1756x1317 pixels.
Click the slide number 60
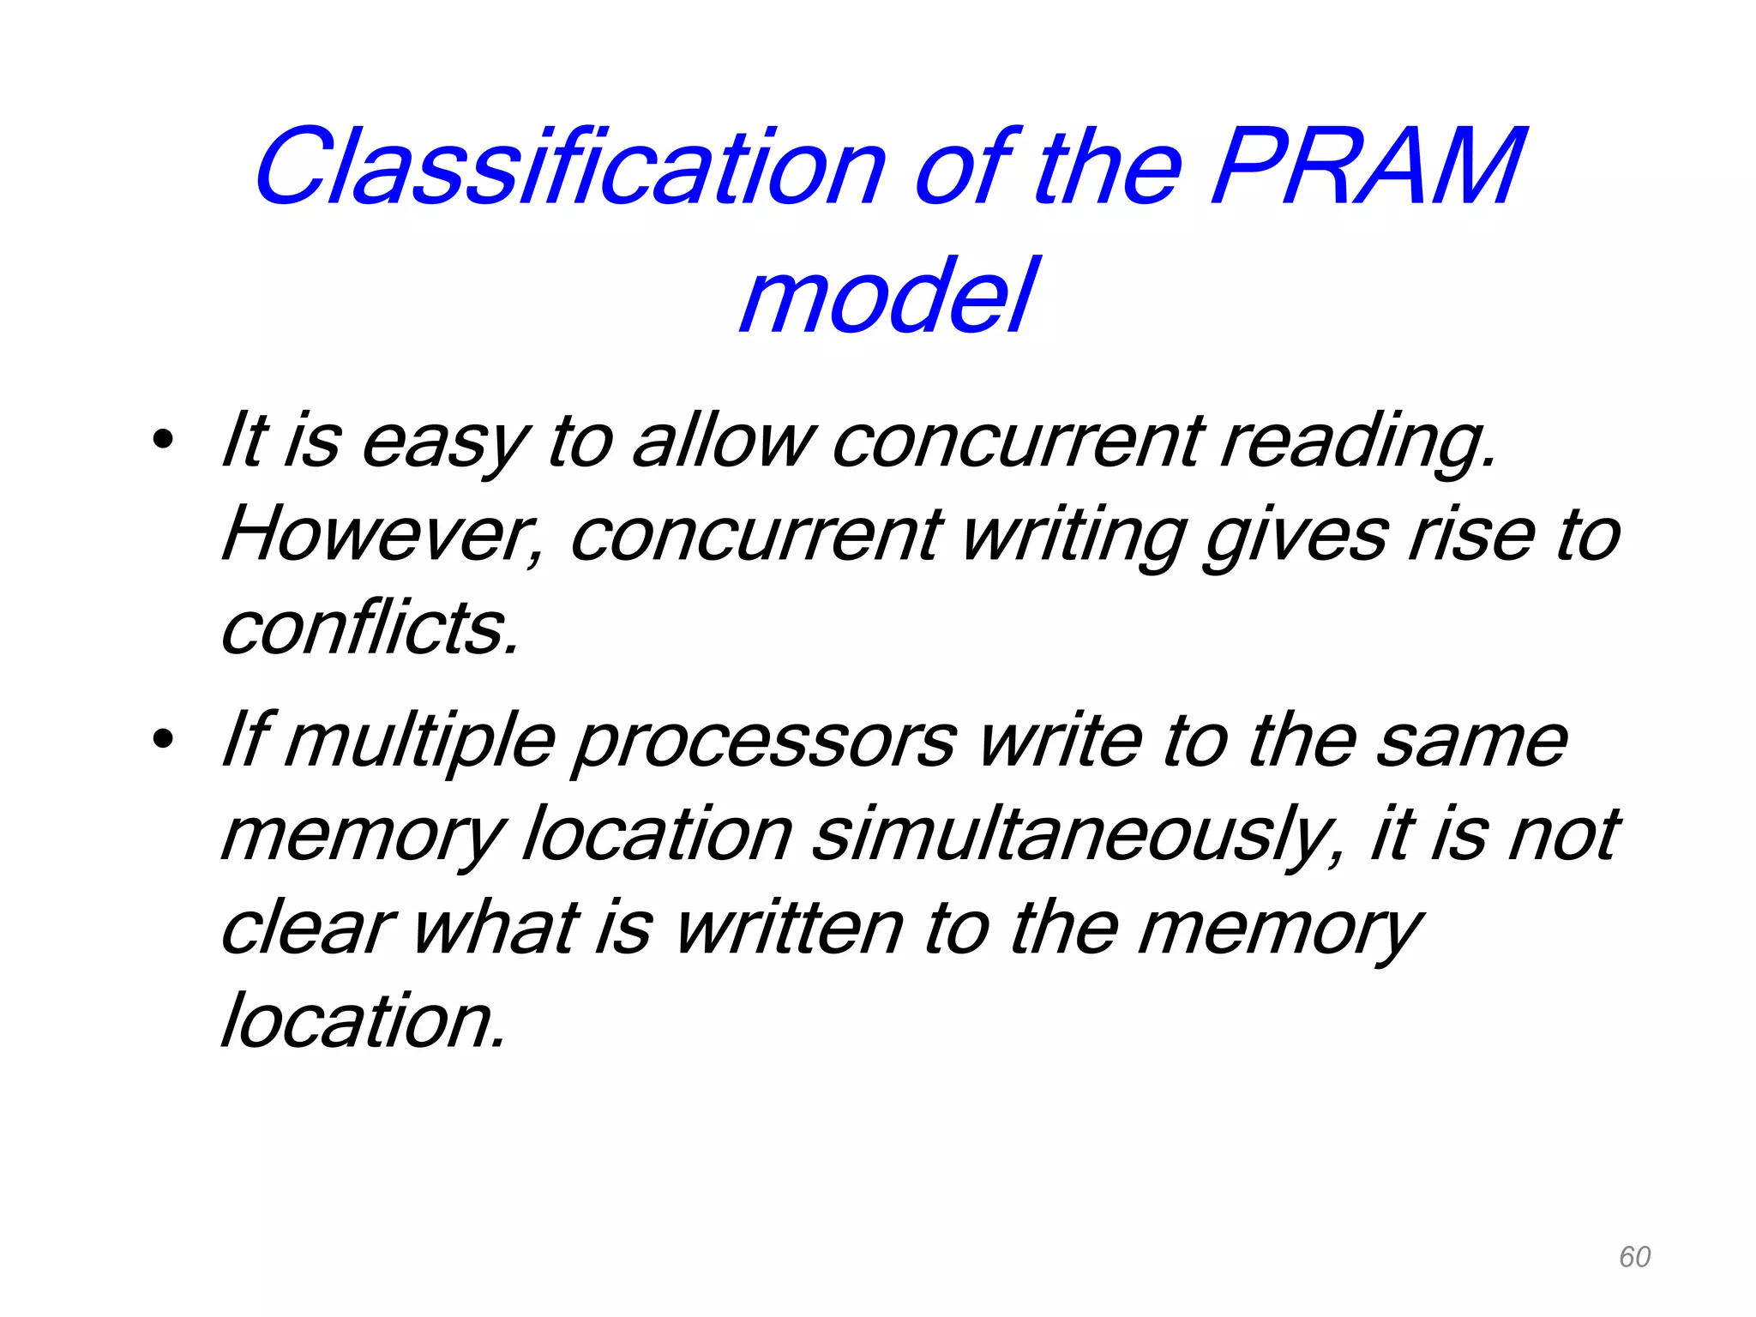click(x=1634, y=1257)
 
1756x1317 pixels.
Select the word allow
click(x=721, y=442)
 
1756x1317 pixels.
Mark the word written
click(x=789, y=929)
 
